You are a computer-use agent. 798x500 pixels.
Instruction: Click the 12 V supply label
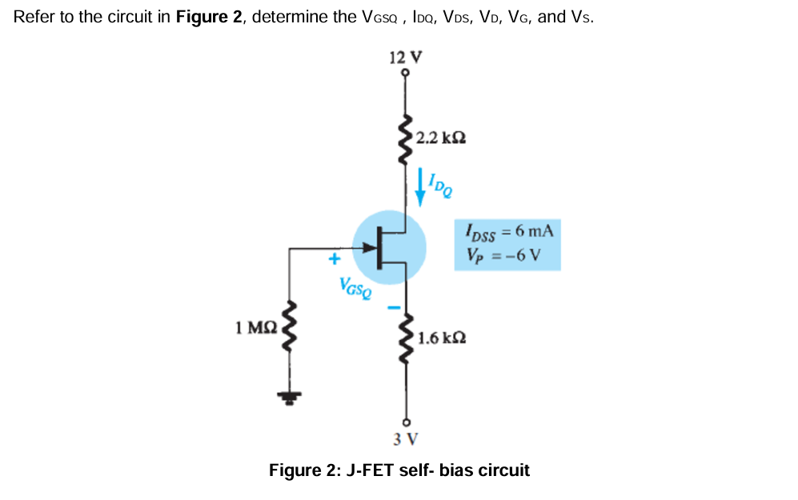[405, 58]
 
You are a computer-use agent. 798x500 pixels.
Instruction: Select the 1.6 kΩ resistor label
[441, 338]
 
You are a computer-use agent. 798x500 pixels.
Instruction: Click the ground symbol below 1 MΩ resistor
[289, 396]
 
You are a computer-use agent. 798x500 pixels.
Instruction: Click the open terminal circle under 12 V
[406, 73]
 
